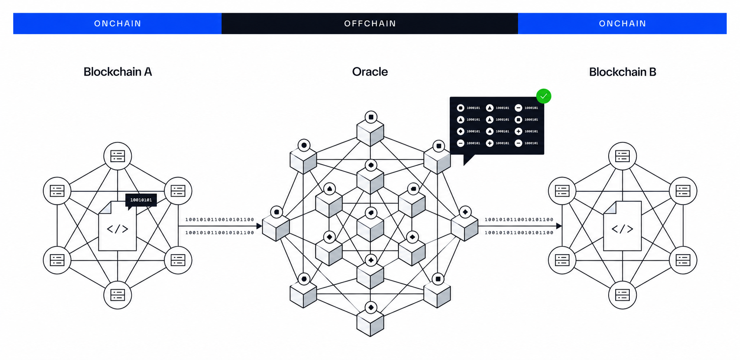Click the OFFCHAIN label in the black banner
370,23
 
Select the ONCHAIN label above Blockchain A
118,23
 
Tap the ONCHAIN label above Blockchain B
622,23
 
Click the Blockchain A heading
118,72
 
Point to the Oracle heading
370,72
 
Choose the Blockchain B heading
622,72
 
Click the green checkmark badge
544,96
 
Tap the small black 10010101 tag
141,200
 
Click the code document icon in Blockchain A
118,226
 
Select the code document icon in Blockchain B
622,226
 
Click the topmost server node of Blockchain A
118,156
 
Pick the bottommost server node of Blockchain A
118,295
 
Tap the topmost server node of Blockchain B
622,156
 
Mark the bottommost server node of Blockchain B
622,295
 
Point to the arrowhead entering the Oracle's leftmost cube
259,226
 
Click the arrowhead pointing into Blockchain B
559,226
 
